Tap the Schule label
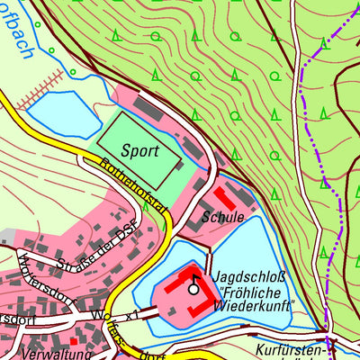click(x=223, y=218)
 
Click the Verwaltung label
click(x=27, y=355)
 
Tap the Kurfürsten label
click(x=289, y=349)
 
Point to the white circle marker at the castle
click(x=193, y=289)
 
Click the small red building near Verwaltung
click(x=75, y=341)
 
